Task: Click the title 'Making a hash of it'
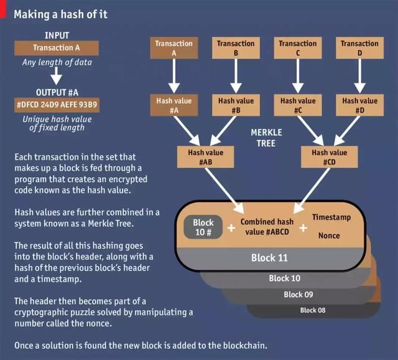[x=61, y=14]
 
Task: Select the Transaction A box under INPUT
[x=57, y=48]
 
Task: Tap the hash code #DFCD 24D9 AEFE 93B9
[x=57, y=105]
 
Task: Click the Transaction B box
[x=236, y=48]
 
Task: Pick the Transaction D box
[x=359, y=48]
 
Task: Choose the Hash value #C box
[x=298, y=105]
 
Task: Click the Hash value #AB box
[x=206, y=157]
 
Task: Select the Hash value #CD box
[x=329, y=157]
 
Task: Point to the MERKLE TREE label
[x=266, y=138]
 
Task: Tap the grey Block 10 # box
[x=203, y=227]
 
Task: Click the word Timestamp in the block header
[x=331, y=217]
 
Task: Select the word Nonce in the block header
[x=329, y=236]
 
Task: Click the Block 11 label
[x=269, y=258]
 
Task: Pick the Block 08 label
[x=312, y=310]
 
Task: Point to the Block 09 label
[x=298, y=294]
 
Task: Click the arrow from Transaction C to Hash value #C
[x=298, y=76]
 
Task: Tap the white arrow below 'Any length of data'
[x=57, y=75]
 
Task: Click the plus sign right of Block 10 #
[x=231, y=228]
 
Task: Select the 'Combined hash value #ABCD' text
[x=267, y=226]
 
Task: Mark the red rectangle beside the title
[x=2, y=9]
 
